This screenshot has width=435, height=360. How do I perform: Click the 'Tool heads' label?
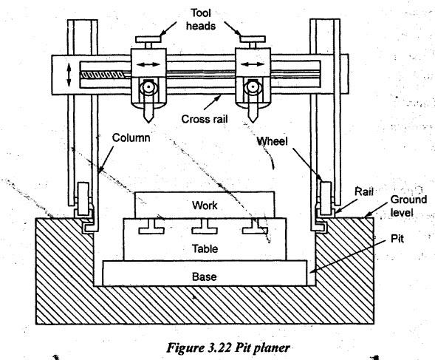point(201,19)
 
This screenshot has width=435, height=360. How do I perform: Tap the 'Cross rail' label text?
point(205,119)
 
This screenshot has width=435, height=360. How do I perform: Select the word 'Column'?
point(131,137)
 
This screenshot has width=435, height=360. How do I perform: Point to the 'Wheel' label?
point(272,141)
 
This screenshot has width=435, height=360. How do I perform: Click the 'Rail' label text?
point(363,191)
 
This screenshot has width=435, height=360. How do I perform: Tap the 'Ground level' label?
point(408,206)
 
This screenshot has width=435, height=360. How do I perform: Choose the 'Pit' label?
point(397,239)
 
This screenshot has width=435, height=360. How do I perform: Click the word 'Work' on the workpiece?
point(205,206)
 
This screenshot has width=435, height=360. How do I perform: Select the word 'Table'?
point(205,248)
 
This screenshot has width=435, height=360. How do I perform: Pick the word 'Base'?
point(205,276)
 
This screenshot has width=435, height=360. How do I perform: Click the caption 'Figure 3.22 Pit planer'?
point(228,347)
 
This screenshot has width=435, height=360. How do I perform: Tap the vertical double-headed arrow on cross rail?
point(69,75)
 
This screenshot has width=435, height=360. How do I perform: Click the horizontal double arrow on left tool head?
point(148,65)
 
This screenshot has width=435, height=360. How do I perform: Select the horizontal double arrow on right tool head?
point(253,64)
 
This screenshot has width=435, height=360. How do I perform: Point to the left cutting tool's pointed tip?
point(148,123)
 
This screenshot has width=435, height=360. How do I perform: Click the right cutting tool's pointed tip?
point(253,122)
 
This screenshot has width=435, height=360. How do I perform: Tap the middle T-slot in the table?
point(205,227)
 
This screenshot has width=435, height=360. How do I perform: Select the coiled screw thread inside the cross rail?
point(101,75)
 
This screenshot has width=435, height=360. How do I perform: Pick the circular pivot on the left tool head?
point(148,87)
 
